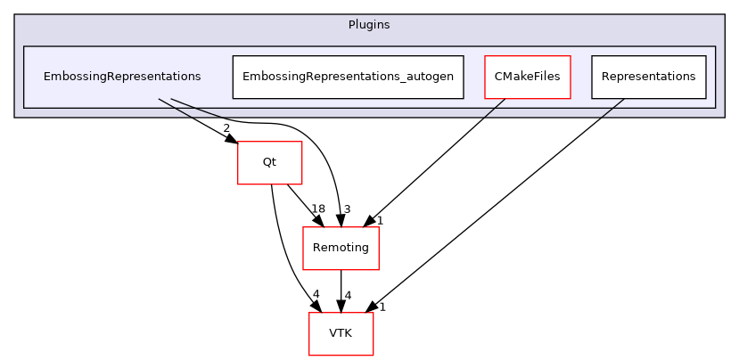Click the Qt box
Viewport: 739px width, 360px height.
click(269, 162)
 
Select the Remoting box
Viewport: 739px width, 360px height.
click(341, 248)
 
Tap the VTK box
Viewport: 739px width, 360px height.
click(341, 333)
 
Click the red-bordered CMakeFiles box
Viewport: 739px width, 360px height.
click(527, 77)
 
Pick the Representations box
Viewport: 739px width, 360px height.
click(648, 77)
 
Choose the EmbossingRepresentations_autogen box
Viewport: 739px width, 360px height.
click(348, 77)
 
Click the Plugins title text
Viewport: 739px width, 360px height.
click(369, 24)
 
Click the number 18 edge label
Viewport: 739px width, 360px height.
click(293, 209)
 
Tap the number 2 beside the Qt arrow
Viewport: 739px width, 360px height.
click(226, 128)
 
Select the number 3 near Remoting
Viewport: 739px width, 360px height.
click(347, 209)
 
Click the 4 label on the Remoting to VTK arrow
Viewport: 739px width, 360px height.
click(348, 295)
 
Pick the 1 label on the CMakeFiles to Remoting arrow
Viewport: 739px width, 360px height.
click(379, 220)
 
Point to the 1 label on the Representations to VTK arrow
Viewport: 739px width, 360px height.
click(382, 307)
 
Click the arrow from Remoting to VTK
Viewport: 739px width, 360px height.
click(341, 290)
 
